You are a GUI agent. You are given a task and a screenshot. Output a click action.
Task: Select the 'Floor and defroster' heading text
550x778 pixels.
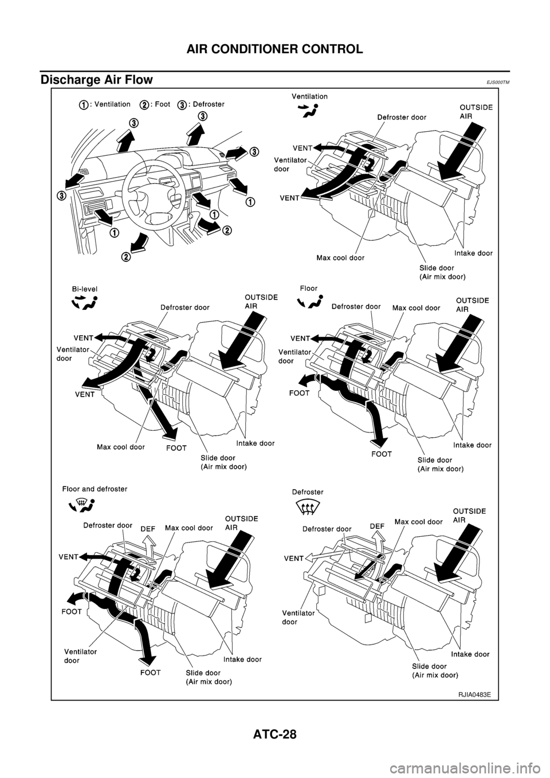[x=95, y=489]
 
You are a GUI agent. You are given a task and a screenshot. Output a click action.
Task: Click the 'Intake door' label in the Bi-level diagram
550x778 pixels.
[x=256, y=443]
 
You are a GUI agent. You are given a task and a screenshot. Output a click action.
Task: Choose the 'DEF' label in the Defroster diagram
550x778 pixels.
[x=377, y=525]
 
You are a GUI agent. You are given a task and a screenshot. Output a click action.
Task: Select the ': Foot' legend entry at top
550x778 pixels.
[x=155, y=104]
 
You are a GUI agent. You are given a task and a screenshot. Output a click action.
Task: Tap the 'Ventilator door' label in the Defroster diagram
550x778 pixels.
[x=298, y=617]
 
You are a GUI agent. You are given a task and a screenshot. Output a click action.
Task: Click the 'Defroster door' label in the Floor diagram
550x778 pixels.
[x=356, y=307]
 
